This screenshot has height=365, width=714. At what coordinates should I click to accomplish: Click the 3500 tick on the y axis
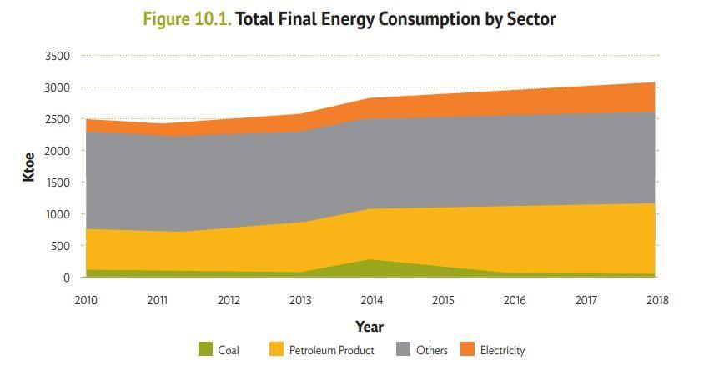[58, 56]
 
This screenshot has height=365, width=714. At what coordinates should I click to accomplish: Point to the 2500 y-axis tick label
[58, 119]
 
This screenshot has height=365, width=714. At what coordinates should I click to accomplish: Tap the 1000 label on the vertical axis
[58, 214]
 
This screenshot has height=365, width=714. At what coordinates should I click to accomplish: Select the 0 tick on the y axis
[66, 277]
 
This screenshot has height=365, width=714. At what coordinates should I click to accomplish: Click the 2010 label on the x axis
[86, 300]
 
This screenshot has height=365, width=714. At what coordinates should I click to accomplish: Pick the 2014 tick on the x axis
[371, 300]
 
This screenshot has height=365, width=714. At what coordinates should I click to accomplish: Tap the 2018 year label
[657, 300]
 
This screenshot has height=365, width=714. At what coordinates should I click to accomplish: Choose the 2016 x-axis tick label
[515, 300]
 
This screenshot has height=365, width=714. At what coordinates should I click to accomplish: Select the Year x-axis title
[370, 326]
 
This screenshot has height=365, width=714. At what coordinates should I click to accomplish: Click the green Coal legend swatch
[206, 350]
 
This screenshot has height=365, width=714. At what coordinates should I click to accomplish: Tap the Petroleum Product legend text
[331, 350]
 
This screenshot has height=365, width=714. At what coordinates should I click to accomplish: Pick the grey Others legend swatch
[404, 350]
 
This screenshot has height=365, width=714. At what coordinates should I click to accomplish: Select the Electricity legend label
[502, 350]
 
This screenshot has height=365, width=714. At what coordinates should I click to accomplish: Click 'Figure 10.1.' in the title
[188, 19]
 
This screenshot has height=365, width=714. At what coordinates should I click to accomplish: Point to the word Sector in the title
[530, 19]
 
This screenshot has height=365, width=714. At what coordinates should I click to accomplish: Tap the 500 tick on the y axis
[61, 246]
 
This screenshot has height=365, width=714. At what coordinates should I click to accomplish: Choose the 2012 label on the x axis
[229, 300]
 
